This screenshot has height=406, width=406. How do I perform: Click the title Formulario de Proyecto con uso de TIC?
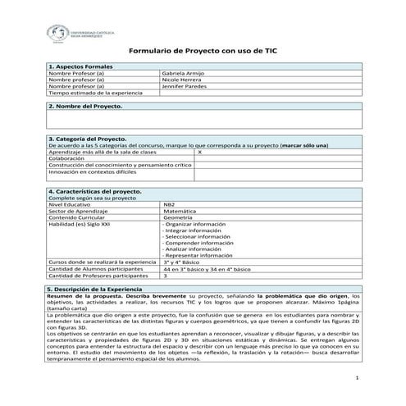tap(202, 50)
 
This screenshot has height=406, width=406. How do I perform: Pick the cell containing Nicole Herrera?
tap(182, 80)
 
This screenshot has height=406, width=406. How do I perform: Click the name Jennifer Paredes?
tap(185, 87)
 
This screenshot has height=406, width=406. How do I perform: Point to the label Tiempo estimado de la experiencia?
tap(89, 94)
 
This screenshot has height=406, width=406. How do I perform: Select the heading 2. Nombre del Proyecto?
tap(85, 107)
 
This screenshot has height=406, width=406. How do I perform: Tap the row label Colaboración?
tap(66, 159)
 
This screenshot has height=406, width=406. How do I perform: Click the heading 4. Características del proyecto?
tap(95, 191)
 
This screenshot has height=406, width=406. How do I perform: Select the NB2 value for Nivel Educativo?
tap(169, 204)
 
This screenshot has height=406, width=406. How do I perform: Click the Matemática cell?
tap(179, 211)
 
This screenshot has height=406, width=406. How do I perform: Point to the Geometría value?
tap(178, 217)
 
